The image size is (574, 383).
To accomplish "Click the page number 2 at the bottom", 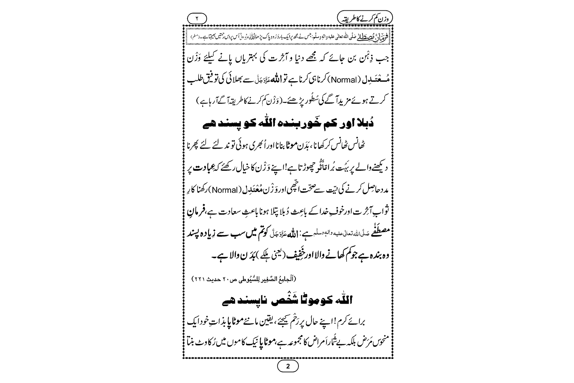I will pos(288,367).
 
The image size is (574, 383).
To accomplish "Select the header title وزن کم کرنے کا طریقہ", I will pos(366,18).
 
